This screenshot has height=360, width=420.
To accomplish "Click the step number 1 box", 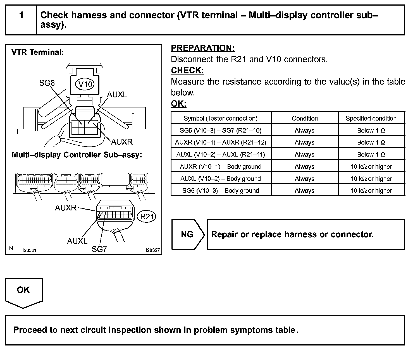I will [x=21, y=20].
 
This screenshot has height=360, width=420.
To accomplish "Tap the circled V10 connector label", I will [x=85, y=84].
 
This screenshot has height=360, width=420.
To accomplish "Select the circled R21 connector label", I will [x=147, y=217].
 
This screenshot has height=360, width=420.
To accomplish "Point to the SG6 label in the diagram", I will [x=47, y=83].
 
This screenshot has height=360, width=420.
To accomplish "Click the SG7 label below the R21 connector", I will [x=99, y=249].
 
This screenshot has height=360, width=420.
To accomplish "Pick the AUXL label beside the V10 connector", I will [x=117, y=95].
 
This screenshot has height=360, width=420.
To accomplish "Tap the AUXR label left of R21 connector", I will [x=66, y=208].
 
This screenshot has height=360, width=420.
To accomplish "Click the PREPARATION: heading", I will [x=202, y=48].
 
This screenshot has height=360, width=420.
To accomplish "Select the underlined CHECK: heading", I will [x=187, y=70].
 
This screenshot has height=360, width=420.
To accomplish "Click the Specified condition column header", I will [x=371, y=118].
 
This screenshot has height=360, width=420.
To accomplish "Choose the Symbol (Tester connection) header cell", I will [x=221, y=118].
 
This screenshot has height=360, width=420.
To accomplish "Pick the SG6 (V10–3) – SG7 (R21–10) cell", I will [x=221, y=130].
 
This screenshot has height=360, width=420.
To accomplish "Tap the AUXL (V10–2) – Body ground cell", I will [x=221, y=179].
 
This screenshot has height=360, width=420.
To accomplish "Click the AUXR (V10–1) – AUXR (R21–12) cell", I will [x=221, y=142].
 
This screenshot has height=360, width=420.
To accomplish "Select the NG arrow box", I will [x=187, y=234].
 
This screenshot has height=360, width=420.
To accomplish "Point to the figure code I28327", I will [x=152, y=250].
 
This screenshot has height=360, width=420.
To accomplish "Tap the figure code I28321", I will [x=29, y=250].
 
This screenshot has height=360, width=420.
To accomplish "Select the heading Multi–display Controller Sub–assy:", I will [x=77, y=155].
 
